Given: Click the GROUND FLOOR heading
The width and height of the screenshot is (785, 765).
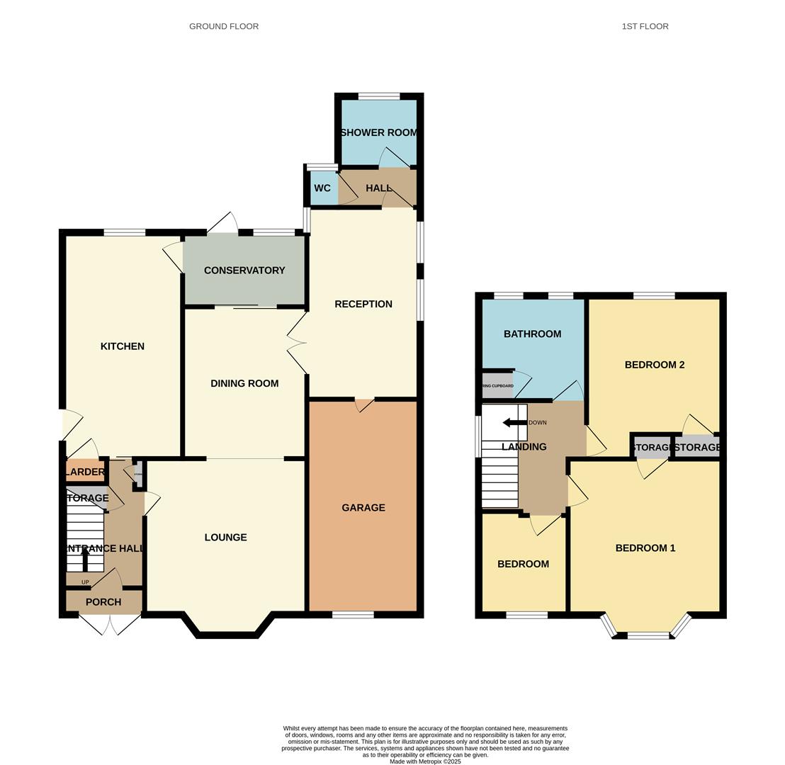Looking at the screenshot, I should [223, 26].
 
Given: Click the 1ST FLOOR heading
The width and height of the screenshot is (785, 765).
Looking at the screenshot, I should [645, 26].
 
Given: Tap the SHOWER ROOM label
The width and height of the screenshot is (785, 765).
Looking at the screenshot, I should [378, 132].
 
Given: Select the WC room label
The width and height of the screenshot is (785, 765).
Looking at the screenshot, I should [322, 188].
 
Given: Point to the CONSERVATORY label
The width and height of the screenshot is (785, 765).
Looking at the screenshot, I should [244, 271].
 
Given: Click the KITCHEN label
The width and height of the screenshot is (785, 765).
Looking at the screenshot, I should [123, 346].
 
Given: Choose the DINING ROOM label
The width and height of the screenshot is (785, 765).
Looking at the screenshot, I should [244, 383].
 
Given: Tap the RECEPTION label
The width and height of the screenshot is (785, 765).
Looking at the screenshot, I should [363, 304].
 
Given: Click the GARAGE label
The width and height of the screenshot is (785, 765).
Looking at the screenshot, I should [363, 508].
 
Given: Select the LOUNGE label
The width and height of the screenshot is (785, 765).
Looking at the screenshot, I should [225, 538].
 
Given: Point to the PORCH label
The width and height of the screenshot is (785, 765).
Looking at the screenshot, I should [103, 602].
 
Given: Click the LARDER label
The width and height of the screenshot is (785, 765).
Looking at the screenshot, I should [85, 472].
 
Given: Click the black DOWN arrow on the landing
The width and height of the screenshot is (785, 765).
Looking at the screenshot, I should [514, 423].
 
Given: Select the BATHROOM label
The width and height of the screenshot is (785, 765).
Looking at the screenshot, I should [532, 334].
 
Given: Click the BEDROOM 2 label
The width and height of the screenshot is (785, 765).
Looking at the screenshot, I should [654, 365].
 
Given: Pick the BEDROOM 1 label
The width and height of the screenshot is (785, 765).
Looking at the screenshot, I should [645, 548].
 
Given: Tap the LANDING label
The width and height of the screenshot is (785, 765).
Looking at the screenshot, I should [524, 447].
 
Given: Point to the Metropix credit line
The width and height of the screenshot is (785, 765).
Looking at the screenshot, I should [425, 761].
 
